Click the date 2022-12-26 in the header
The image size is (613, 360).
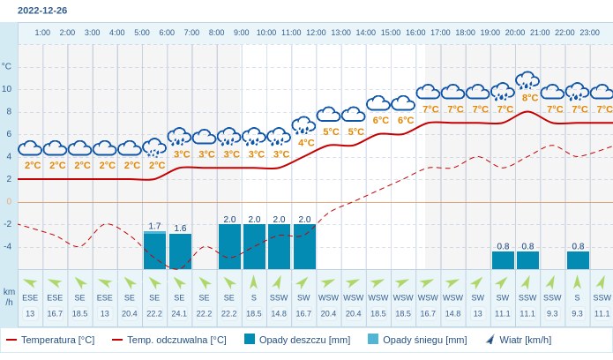[x=42, y=11]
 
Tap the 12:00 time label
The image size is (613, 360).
[x=316, y=33]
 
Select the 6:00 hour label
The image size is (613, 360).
[x=167, y=33]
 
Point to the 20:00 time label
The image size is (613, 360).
[x=515, y=33]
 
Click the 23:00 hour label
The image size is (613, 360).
[x=589, y=33]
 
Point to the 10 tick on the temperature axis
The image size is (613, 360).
[x=7, y=88]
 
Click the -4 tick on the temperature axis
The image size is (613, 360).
[x=7, y=246]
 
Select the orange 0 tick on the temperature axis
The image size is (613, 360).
[x=9, y=201]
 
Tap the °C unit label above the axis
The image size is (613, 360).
[x=7, y=66]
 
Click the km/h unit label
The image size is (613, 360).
[x=9, y=296]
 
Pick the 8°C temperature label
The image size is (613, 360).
[x=529, y=98]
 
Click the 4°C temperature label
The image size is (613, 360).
[x=306, y=142]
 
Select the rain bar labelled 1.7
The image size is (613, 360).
[x=155, y=251]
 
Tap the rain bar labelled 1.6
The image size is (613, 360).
[x=180, y=251]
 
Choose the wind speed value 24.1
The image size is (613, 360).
[x=180, y=313]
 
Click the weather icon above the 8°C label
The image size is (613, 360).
[x=527, y=81]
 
